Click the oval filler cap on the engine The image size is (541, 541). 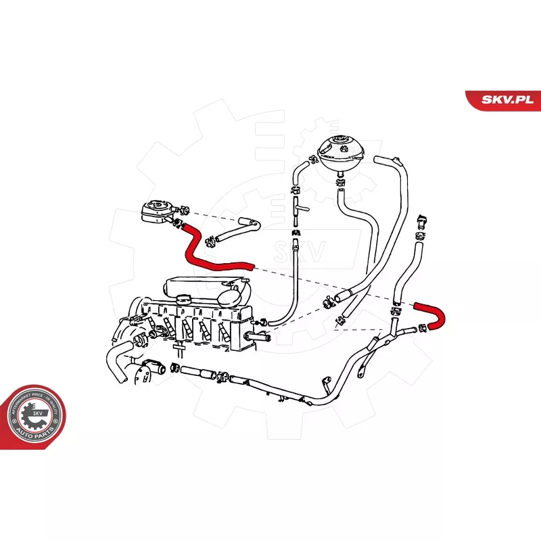point(231,296)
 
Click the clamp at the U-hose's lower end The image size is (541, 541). point(421,328)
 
